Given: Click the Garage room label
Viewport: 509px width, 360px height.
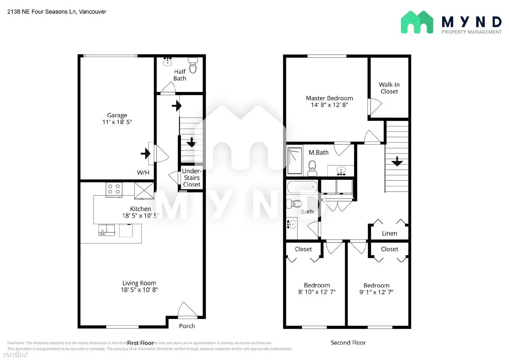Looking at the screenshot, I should (x=117, y=115).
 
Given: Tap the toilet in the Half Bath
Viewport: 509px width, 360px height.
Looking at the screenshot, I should (x=193, y=66).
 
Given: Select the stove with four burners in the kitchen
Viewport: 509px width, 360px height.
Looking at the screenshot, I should (x=114, y=189).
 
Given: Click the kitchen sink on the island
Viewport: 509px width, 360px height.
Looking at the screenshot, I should (x=106, y=230).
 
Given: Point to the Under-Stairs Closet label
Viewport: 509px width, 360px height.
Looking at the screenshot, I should (x=192, y=178).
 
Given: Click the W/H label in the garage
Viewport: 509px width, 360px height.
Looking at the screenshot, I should (x=143, y=173).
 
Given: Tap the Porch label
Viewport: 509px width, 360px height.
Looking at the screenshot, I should (x=187, y=326).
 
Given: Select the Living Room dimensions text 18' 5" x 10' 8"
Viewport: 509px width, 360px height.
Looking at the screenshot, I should (x=139, y=290).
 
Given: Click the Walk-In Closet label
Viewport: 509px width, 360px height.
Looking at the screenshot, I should (x=389, y=88).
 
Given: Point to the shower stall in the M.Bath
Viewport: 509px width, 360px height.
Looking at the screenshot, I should (x=295, y=160).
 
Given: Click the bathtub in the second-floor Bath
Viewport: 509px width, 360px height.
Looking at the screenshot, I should (x=302, y=187).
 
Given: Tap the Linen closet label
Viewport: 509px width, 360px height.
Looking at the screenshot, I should (x=389, y=233).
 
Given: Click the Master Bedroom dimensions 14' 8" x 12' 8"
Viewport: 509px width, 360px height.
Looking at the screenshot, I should (x=329, y=105).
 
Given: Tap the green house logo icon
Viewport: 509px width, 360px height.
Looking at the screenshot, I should (x=417, y=22).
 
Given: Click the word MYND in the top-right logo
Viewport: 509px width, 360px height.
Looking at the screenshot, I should (x=471, y=22).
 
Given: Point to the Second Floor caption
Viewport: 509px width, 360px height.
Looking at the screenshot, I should (x=348, y=342).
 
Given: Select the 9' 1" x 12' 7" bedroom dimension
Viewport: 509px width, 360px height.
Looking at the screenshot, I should (x=376, y=292).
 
